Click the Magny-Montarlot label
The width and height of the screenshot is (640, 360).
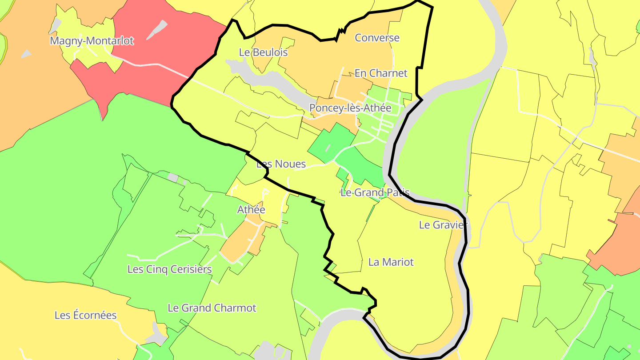tap(92, 41)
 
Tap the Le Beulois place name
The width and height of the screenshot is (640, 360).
tap(263, 52)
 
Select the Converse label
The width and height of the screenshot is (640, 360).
tap(377, 38)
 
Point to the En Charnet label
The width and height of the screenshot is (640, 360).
tap(381, 73)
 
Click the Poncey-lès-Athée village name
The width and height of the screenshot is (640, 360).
tap(350, 108)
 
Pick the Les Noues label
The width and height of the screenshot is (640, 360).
tap(281, 164)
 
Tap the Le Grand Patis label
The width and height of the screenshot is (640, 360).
tap(374, 192)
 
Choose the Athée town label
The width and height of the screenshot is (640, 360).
tap(251, 209)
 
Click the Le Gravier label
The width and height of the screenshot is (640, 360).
tap(444, 225)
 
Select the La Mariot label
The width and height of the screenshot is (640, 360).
tap(391, 262)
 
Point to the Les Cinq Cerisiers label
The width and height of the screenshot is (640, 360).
tap(169, 269)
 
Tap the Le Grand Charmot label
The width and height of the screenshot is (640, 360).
tap(212, 308)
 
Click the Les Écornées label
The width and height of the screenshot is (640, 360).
tap(85, 315)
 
